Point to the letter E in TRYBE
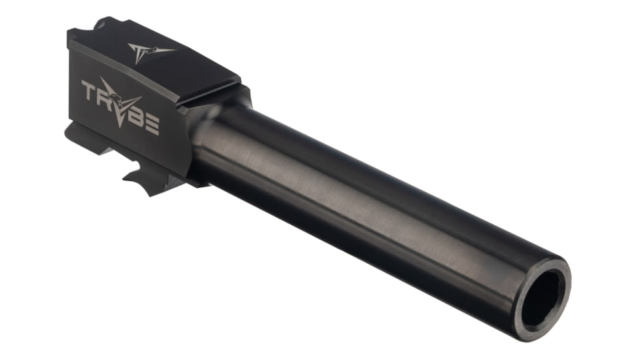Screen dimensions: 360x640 pos(151,124)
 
